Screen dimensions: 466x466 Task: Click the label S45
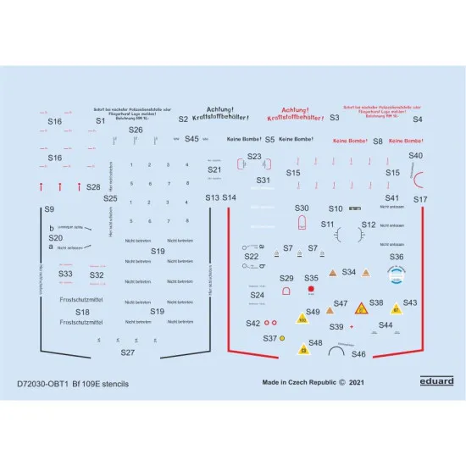(191, 139)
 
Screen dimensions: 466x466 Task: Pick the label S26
(136, 130)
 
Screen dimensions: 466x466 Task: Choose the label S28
(93, 186)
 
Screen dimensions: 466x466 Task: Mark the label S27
(127, 352)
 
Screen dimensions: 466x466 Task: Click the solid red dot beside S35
(311, 290)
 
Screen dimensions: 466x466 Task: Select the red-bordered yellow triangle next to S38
(361, 308)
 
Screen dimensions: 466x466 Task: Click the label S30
(302, 208)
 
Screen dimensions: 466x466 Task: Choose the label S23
(254, 156)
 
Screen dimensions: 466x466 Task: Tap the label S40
(415, 155)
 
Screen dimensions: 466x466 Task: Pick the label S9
(49, 208)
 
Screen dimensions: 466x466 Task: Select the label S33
(66, 274)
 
